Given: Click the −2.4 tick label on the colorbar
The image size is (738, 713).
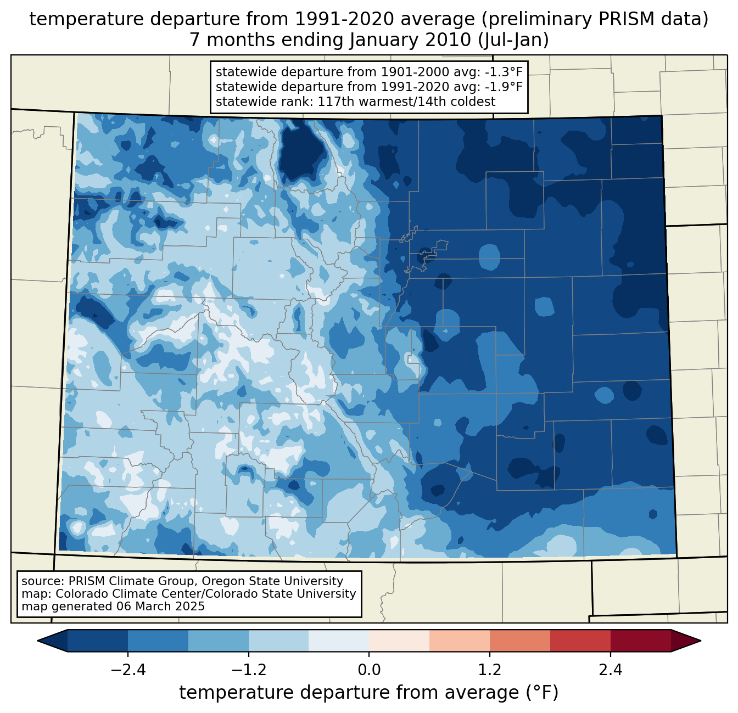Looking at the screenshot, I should point(128,670).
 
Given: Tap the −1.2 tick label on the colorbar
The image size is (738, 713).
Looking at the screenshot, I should point(248,670).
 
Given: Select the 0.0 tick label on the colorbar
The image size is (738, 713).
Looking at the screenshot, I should point(369,670).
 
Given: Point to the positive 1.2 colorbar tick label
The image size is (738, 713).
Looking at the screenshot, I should point(490,670).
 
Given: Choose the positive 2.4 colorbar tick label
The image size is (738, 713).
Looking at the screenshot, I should point(610,670).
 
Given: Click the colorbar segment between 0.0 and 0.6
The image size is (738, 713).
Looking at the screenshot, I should point(399,641).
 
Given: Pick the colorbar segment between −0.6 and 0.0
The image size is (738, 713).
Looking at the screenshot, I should point(339,641).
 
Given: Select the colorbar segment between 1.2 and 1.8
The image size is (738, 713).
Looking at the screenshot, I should point(520,641).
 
